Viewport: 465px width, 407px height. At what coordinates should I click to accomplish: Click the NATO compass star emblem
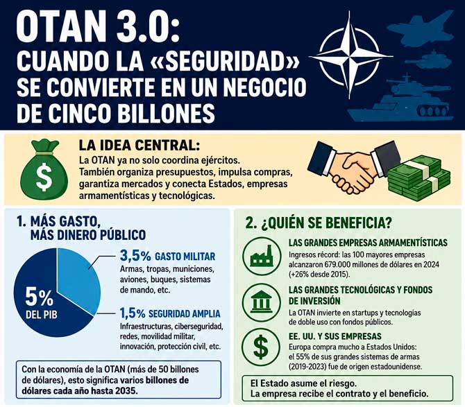pyautogui.click(x=350, y=55)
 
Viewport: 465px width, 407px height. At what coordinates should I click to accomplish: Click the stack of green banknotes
pyautogui.click(x=419, y=178)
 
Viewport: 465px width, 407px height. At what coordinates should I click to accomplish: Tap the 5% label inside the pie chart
pyautogui.click(x=39, y=297)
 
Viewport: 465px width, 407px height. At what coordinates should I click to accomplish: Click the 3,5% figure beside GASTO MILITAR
pyautogui.click(x=135, y=256)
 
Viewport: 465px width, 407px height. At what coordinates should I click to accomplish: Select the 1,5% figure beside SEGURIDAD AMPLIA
pyautogui.click(x=133, y=313)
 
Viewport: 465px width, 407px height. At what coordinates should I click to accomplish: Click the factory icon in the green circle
pyautogui.click(x=261, y=257)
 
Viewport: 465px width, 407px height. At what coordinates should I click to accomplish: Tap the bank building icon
pyautogui.click(x=261, y=302)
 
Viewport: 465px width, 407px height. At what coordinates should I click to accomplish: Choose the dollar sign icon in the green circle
pyautogui.click(x=261, y=347)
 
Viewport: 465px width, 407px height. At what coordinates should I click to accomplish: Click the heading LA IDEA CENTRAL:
pyautogui.click(x=139, y=145)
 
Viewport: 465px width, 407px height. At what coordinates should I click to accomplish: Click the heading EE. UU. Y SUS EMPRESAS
pyautogui.click(x=335, y=336)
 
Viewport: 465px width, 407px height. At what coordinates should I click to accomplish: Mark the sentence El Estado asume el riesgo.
pyautogui.click(x=303, y=383)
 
